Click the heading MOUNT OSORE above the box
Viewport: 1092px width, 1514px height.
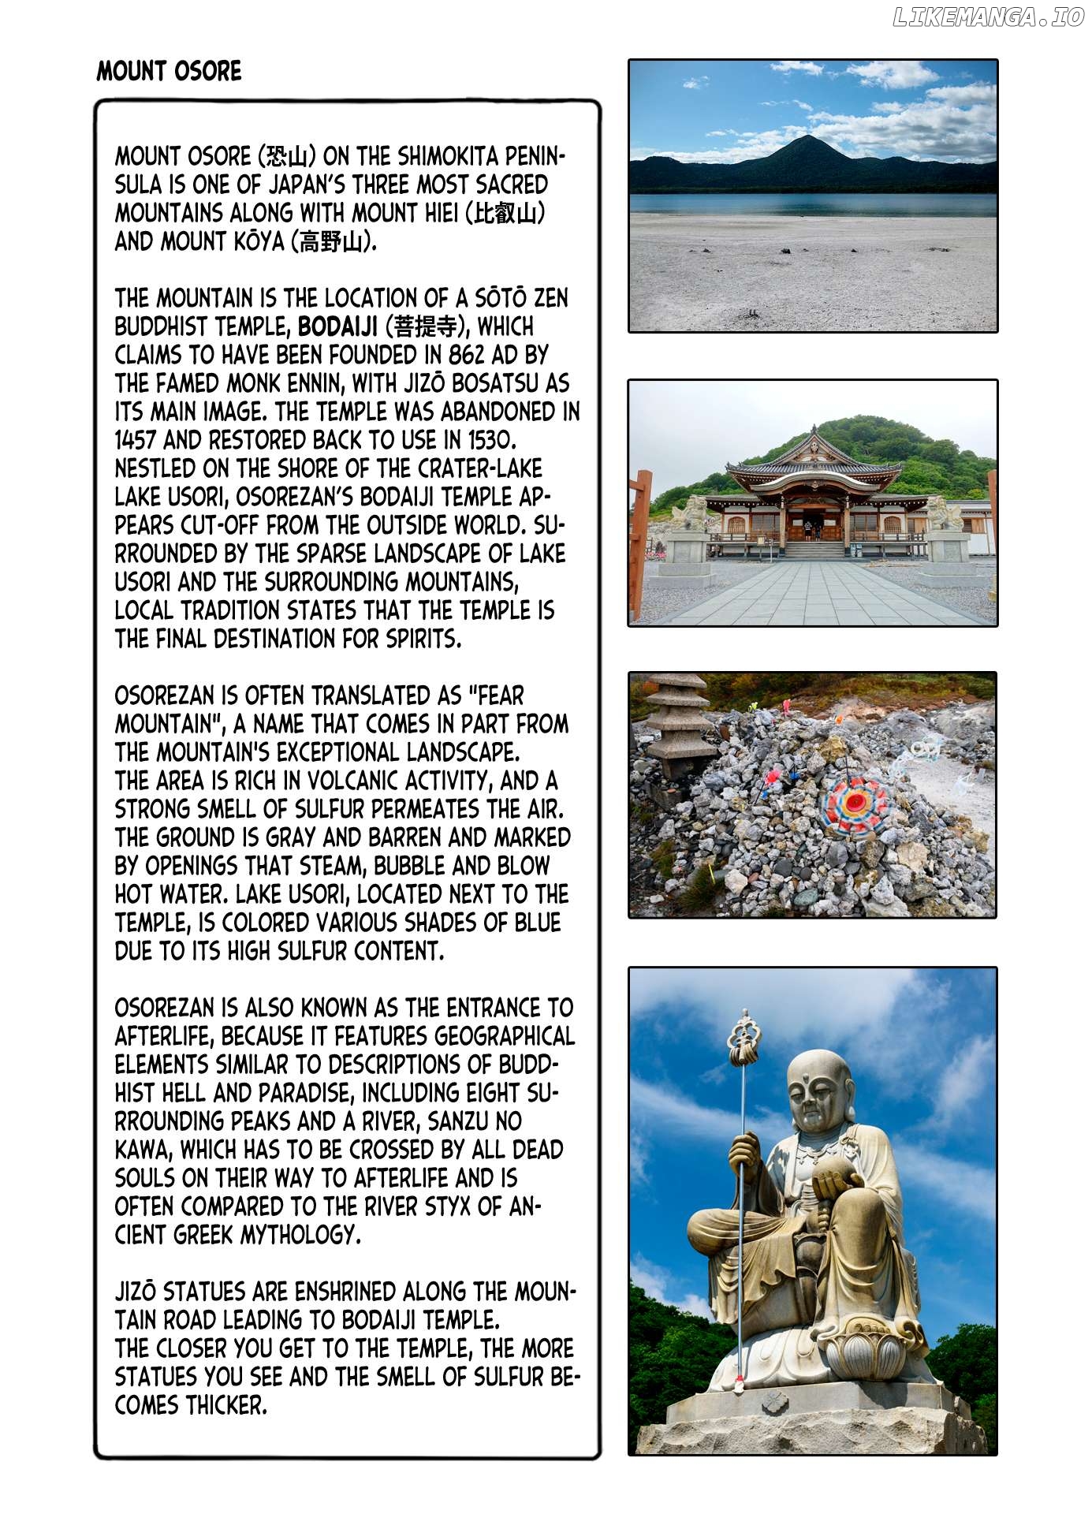[x=169, y=72]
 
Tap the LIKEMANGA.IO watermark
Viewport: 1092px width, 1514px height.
[x=988, y=18]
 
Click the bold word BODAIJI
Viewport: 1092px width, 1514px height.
[x=337, y=326]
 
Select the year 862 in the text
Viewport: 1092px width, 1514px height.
[x=466, y=355]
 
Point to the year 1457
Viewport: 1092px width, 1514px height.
[x=136, y=440]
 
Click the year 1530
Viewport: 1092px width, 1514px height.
[x=489, y=440]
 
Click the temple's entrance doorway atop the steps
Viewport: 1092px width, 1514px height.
[x=812, y=526]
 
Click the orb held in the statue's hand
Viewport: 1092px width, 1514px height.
[x=836, y=1179]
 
